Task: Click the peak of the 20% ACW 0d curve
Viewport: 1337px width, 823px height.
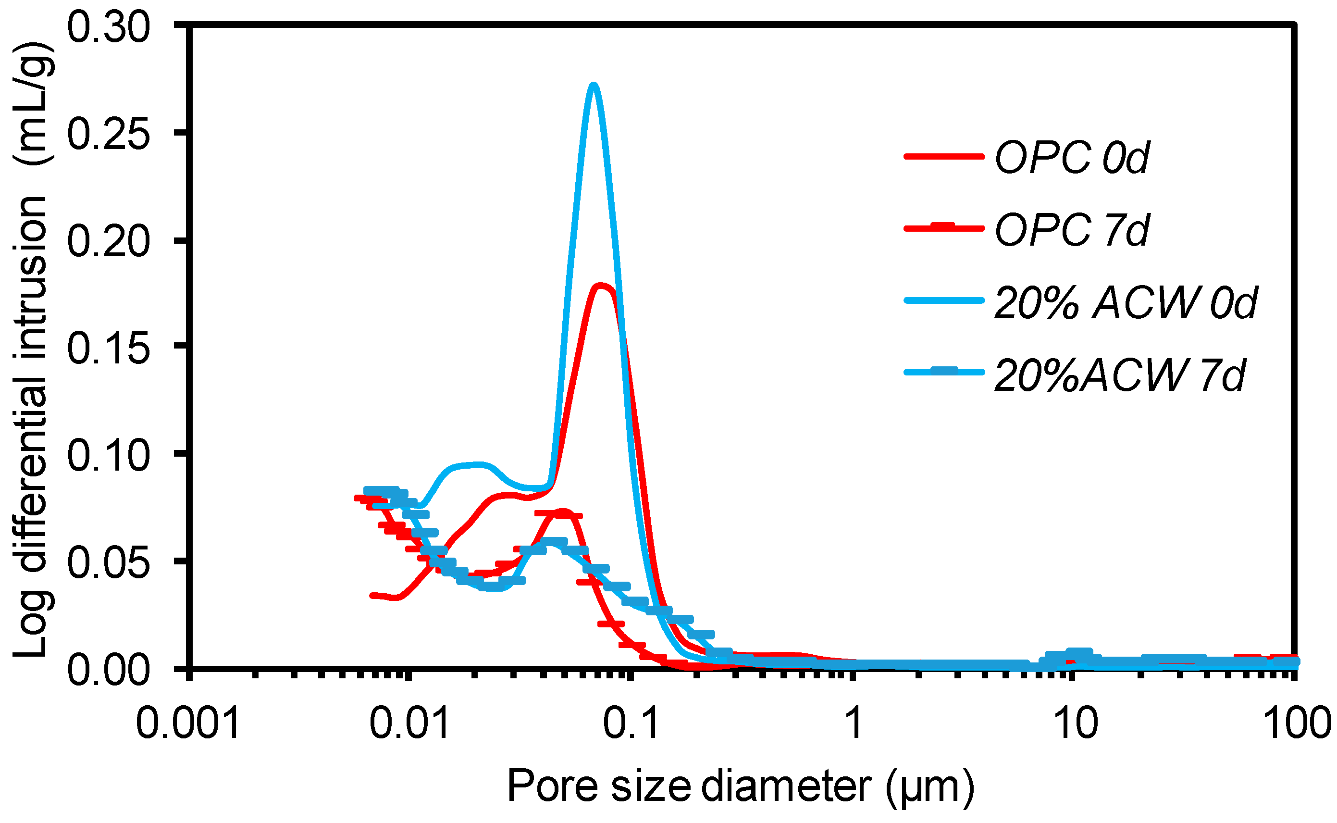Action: coord(594,86)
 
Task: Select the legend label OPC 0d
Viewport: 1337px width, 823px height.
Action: coord(1071,157)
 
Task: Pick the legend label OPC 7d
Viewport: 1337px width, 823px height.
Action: coord(1071,230)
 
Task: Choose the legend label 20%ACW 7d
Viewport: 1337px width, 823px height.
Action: coord(1119,375)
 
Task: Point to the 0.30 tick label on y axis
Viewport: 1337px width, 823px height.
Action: coord(108,27)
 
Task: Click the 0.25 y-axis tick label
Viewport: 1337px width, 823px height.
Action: coord(108,134)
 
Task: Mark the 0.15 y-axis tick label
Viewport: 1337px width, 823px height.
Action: coord(108,348)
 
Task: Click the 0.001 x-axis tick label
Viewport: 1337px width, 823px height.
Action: coord(188,724)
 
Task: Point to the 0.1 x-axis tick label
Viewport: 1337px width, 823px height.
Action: coord(631,724)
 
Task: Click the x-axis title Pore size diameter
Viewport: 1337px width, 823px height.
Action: coord(740,786)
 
